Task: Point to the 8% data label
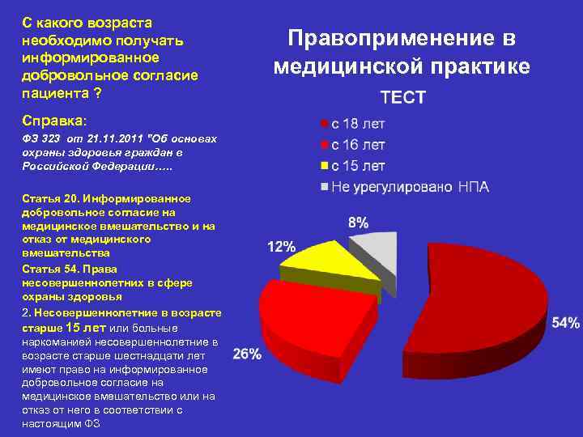tap(358, 222)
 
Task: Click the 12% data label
tap(282, 247)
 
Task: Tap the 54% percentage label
tap(566, 323)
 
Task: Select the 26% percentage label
tap(247, 354)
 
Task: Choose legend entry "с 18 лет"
tap(357, 125)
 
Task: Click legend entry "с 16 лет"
tap(357, 146)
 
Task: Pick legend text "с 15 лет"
tap(357, 167)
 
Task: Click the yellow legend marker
tap(325, 167)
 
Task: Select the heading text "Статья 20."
tap(49, 198)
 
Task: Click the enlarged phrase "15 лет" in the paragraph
tap(85, 328)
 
